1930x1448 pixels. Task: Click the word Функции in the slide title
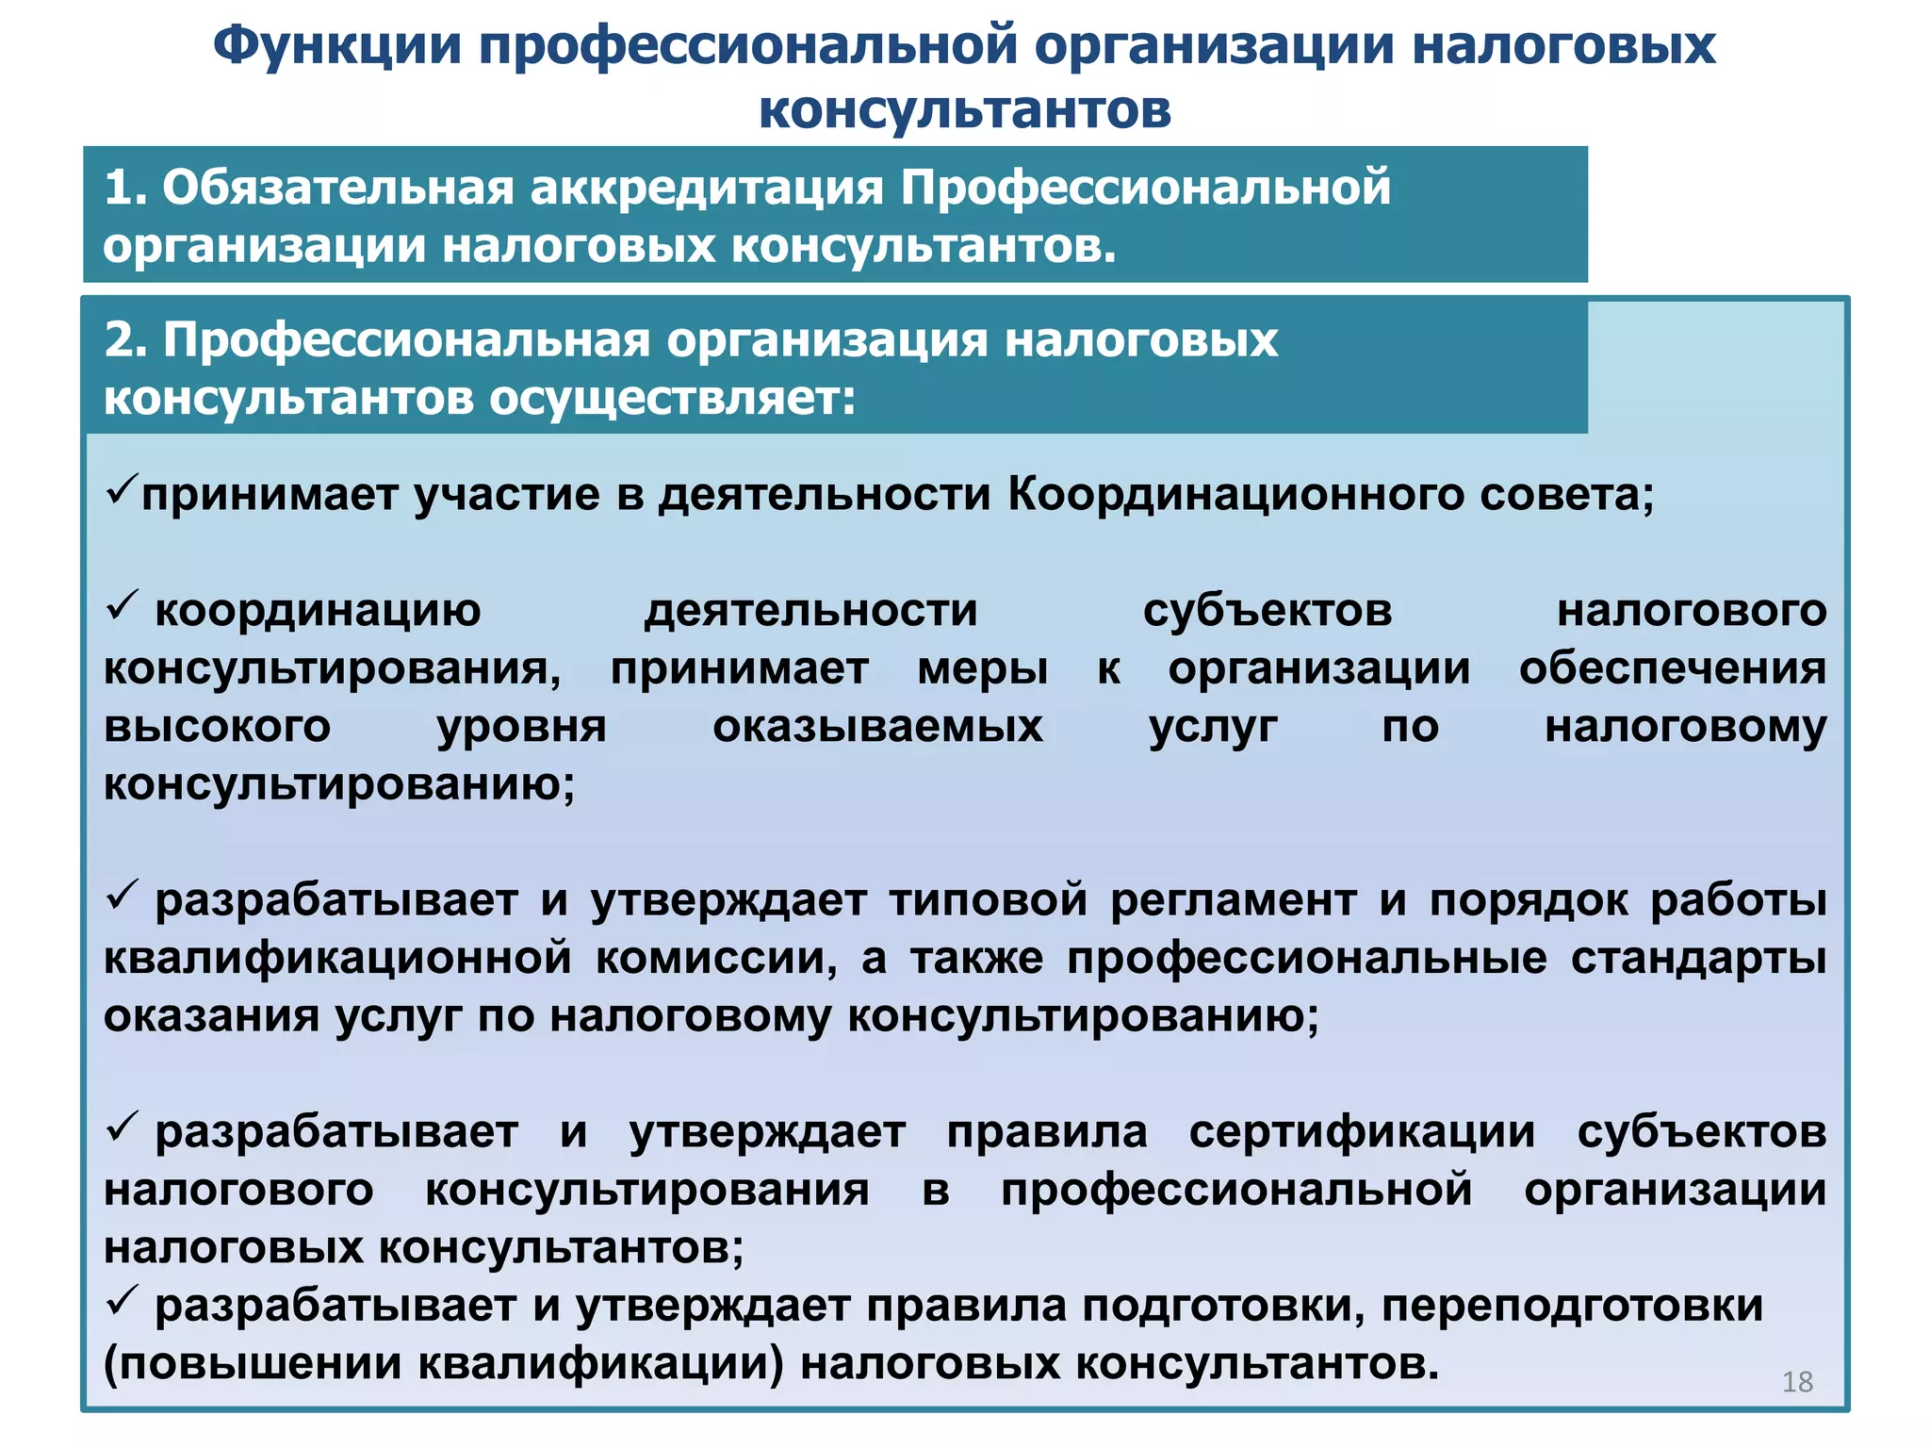pos(336,47)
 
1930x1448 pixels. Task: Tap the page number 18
pos(1797,1381)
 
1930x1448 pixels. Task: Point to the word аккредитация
pos(706,187)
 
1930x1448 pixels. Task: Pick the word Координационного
pos(1235,494)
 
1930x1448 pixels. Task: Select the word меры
pos(982,669)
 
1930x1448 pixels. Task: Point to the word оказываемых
pos(877,727)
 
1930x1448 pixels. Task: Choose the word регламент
pos(1234,899)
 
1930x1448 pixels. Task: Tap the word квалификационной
pos(337,959)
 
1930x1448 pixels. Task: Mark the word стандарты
pos(1698,959)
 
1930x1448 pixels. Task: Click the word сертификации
pos(1362,1132)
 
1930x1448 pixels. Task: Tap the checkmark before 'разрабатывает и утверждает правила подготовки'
pos(122,1301)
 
